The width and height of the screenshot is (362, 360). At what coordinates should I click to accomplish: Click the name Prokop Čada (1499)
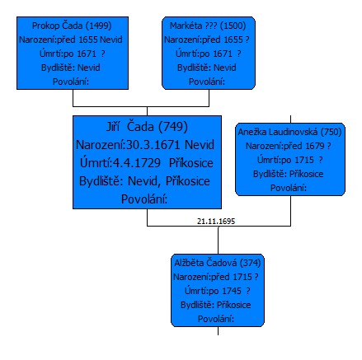tap(72, 26)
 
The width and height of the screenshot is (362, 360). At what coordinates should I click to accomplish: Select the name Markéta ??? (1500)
tap(208, 26)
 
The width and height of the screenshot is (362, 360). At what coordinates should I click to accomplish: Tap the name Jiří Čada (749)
tap(147, 127)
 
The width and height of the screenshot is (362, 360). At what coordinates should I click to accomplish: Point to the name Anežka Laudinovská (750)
tap(289, 132)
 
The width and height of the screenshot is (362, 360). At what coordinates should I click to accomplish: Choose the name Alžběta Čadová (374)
tap(218, 263)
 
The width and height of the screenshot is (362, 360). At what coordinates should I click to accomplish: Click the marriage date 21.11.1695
tap(216, 222)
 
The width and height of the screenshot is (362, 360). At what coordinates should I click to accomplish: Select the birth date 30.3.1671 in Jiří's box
tap(153, 145)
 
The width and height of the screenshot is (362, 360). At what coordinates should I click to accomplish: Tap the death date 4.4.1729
tap(137, 163)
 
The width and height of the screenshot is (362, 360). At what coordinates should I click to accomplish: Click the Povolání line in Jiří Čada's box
tap(144, 199)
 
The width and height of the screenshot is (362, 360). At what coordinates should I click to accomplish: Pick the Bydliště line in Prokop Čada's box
tap(71, 68)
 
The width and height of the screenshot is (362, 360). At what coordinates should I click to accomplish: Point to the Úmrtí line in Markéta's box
tap(209, 54)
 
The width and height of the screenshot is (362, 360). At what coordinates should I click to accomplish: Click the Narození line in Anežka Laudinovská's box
tap(288, 146)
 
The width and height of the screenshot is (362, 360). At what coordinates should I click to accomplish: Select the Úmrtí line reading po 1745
tap(218, 291)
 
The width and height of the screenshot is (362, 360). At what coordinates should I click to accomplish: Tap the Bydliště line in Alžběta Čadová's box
tap(216, 305)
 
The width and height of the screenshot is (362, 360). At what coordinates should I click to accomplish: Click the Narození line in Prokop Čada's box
tap(71, 40)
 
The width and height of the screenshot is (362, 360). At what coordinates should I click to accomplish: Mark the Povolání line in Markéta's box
tap(207, 82)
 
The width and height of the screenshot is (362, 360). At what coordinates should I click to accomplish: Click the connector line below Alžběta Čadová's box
tap(218, 331)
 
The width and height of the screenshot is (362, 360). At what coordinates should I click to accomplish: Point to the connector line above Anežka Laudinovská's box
tap(291, 119)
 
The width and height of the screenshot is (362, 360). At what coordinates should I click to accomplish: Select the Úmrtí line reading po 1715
tap(289, 160)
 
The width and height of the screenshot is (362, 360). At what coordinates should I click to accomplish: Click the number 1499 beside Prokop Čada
tap(98, 26)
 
